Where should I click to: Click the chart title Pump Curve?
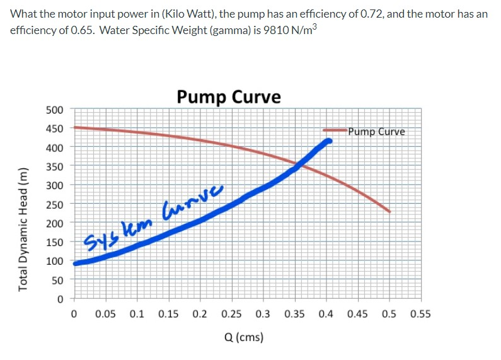(x=228, y=96)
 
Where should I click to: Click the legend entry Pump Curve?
(x=377, y=132)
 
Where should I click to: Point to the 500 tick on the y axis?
(x=55, y=110)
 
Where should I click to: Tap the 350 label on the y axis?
(x=55, y=166)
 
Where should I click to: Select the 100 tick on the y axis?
(x=55, y=261)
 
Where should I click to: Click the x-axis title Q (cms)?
(x=243, y=337)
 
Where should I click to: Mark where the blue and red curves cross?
(x=297, y=165)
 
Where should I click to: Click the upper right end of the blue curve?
(x=328, y=141)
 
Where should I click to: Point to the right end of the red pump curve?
(x=389, y=211)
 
